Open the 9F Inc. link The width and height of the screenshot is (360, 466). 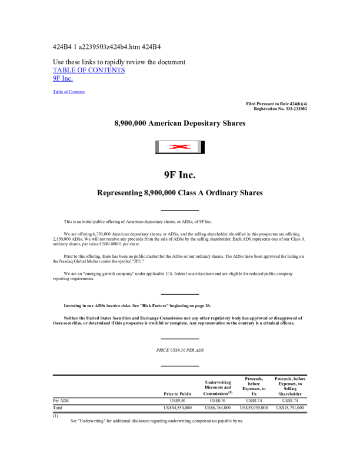(63, 78)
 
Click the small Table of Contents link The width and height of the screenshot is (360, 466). (69, 92)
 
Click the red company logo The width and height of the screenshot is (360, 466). (179, 147)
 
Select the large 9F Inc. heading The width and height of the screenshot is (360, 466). (179, 175)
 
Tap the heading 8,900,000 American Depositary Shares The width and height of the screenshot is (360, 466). (179, 123)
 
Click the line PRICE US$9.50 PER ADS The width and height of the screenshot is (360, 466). (179, 350)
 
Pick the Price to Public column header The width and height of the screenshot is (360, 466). (177, 394)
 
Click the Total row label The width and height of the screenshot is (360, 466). (58, 407)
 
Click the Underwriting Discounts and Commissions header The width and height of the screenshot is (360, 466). (218, 387)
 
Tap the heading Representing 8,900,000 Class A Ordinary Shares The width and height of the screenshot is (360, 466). (179, 193)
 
